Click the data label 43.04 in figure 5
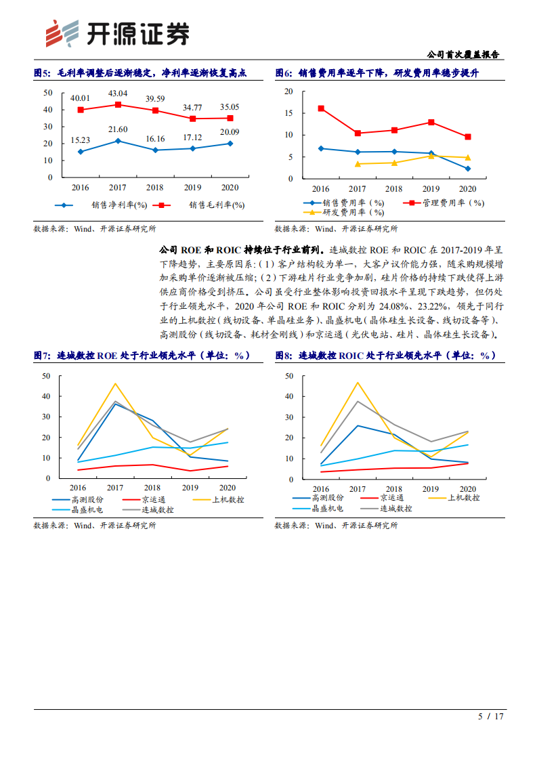pos(118,93)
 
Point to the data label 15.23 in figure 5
pos(81,140)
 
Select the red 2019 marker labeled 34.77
pos(192,119)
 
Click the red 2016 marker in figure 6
pos(321,108)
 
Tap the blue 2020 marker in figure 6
pos(468,169)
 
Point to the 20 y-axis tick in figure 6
pos(288,91)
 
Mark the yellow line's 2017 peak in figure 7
pos(115,383)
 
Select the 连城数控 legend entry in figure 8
pos(400,508)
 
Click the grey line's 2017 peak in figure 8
pos(358,401)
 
